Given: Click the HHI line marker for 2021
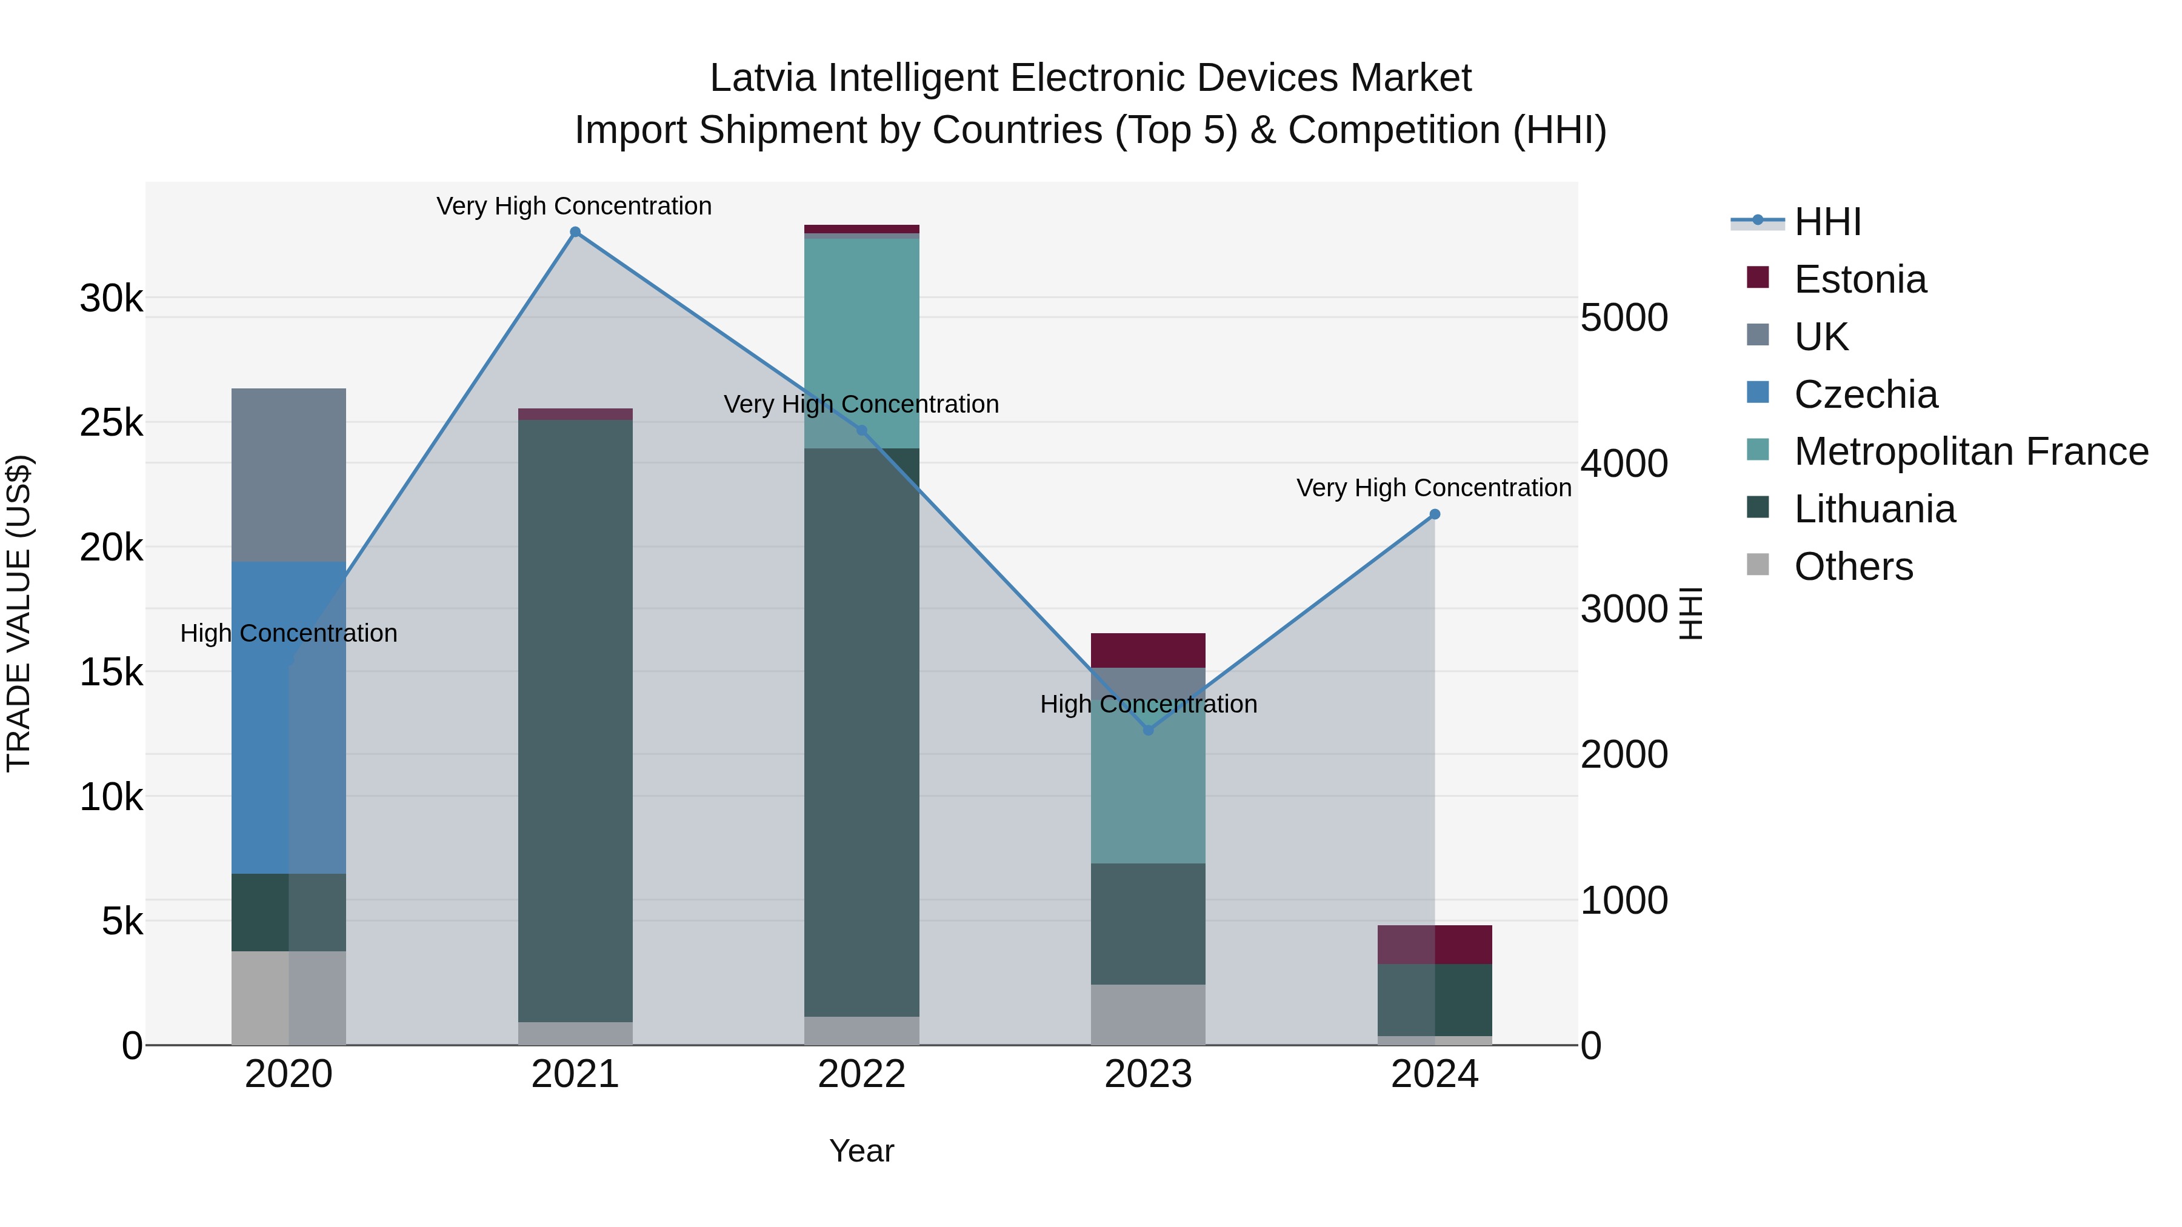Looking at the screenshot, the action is pyautogui.click(x=575, y=232).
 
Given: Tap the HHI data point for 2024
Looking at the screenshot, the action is pyautogui.click(x=1435, y=514).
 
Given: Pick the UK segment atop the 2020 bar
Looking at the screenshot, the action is pyautogui.click(x=288, y=474).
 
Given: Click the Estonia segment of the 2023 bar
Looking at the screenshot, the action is pyautogui.click(x=1148, y=650).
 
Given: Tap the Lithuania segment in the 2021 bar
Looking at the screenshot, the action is pyautogui.click(x=575, y=720).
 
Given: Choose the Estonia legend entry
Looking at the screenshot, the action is pyautogui.click(x=1860, y=279).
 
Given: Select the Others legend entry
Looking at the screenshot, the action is pyautogui.click(x=1852, y=567).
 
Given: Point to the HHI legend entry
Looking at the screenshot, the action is pyautogui.click(x=1827, y=222).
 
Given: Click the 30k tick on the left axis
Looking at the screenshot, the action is pyautogui.click(x=111, y=299).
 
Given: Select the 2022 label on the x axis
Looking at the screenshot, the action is pyautogui.click(x=861, y=1074).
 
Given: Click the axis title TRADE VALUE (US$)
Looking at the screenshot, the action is pyautogui.click(x=19, y=613).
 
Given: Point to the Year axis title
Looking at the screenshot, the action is pyautogui.click(x=861, y=1151).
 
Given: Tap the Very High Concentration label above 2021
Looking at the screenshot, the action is pyautogui.click(x=573, y=206).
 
